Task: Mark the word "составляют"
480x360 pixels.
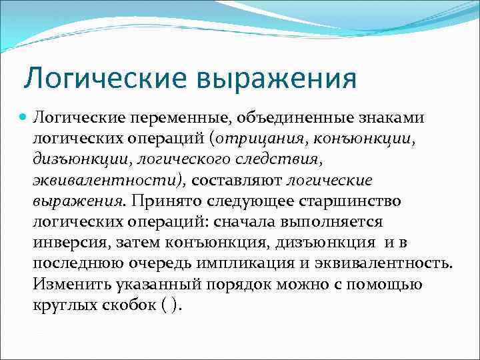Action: pyautogui.click(x=236, y=180)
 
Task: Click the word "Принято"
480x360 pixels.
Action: pyautogui.click(x=161, y=201)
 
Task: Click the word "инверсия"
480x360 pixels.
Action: pyautogui.click(x=64, y=242)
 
